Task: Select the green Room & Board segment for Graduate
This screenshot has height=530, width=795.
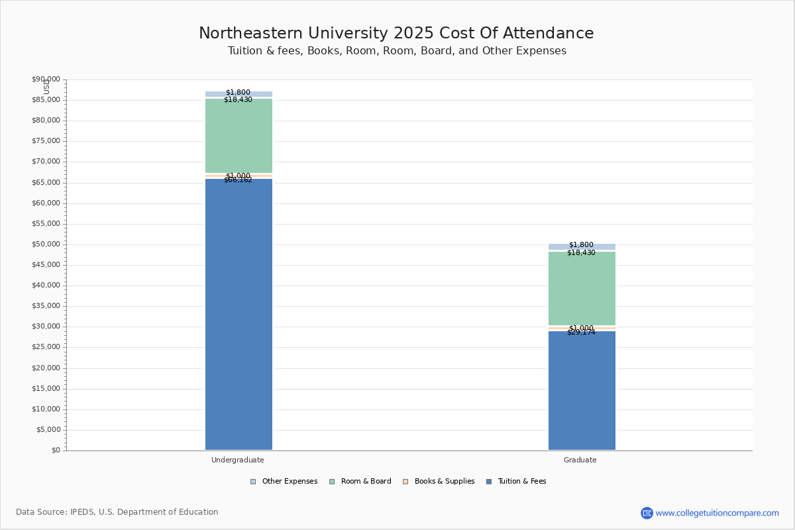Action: (582, 288)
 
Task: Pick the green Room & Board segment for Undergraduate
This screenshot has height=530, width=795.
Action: (238, 136)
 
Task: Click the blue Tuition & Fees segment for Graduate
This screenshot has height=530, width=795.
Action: (582, 391)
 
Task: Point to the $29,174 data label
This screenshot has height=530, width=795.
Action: (581, 333)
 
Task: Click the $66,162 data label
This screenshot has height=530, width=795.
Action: (238, 180)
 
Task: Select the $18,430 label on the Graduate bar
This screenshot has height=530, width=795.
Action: (581, 253)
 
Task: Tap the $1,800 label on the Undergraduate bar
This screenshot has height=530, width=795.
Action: (238, 93)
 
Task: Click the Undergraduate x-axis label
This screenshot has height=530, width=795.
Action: (238, 460)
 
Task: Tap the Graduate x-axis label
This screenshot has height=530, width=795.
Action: (580, 460)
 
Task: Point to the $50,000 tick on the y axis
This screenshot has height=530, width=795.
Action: (46, 244)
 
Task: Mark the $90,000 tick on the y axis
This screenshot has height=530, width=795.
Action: (46, 79)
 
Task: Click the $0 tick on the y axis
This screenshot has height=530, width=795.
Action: (55, 450)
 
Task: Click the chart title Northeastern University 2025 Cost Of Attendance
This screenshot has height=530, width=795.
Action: (396, 33)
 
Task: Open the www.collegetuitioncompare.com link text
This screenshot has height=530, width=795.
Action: (717, 513)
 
